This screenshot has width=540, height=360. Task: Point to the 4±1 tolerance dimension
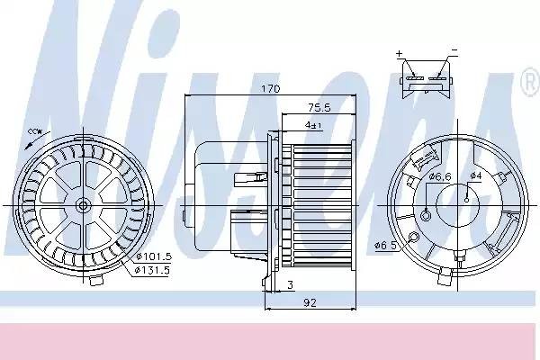pos(314,125)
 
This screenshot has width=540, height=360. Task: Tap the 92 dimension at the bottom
pos(309,302)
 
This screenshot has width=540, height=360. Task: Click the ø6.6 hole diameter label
pos(440,177)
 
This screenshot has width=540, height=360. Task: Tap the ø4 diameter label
pos(476,175)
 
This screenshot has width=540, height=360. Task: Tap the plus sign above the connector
pos(400,54)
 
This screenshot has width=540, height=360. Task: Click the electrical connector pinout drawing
pos(426,72)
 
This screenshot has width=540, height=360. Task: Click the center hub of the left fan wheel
pos(83,205)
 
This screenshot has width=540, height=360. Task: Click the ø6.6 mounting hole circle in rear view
pos(424,213)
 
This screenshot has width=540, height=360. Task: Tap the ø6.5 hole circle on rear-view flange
pos(412,237)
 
